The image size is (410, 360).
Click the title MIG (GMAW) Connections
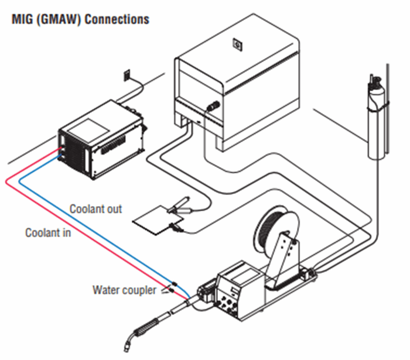[80, 19]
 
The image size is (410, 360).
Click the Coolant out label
[96, 209]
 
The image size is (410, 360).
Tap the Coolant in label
[48, 232]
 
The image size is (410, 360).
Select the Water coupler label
[124, 289]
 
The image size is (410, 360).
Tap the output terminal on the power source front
[213, 107]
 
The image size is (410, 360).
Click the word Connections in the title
[117, 19]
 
